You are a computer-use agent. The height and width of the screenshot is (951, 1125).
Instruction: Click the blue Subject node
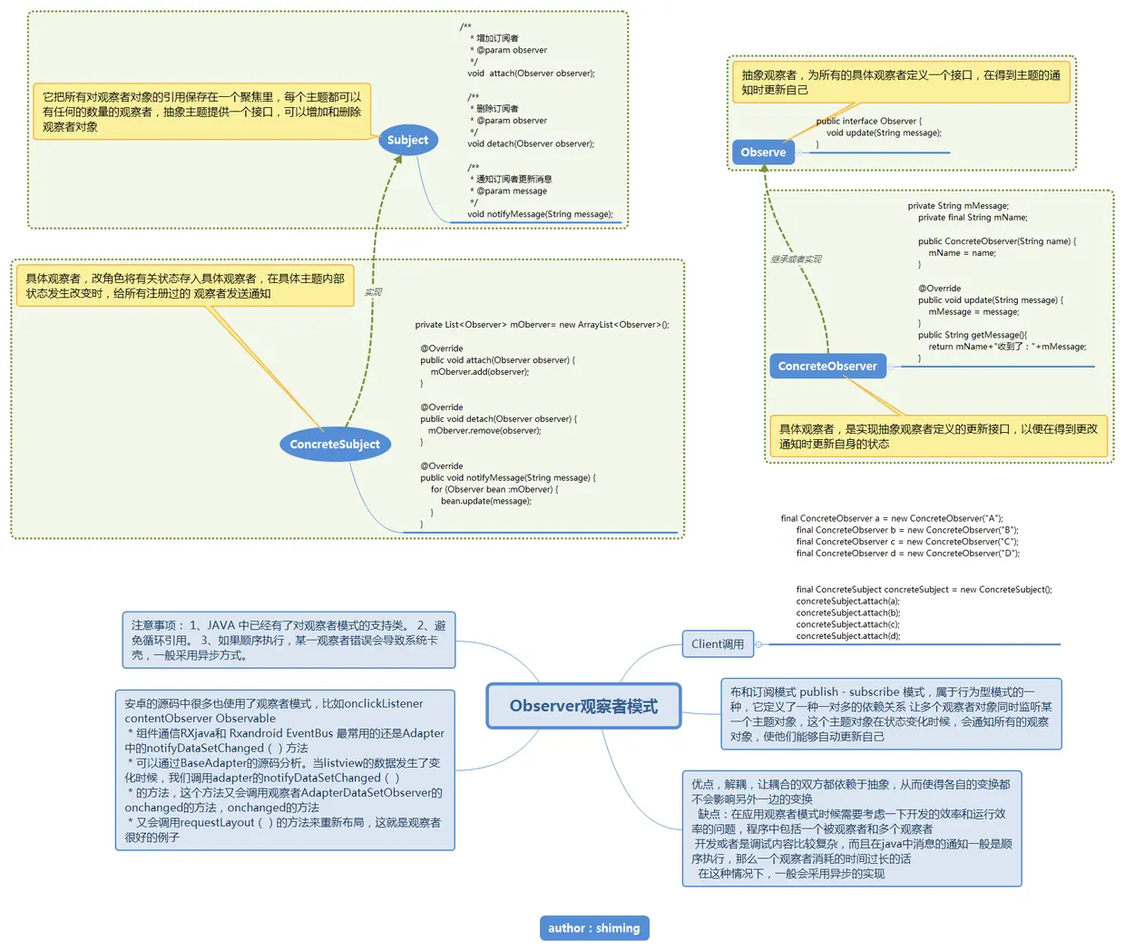coord(407,140)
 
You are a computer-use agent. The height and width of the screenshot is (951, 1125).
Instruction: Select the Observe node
coord(763,152)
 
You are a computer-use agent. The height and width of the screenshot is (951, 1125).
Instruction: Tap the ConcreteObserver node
coord(827,367)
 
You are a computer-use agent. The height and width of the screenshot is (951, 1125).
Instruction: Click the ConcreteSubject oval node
coord(334,445)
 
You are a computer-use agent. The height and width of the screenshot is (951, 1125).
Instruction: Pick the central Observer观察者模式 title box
coord(583,706)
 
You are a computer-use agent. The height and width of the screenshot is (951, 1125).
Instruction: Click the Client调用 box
coord(717,644)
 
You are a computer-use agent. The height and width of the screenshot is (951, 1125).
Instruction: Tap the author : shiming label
coord(594,927)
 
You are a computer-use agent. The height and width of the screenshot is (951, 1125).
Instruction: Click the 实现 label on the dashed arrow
coord(373,292)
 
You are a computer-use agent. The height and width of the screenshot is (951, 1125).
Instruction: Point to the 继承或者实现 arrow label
coord(796,260)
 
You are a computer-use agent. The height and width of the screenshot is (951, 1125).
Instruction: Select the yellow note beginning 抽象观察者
coord(901,83)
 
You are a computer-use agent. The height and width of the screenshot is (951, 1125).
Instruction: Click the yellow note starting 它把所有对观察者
coord(201,112)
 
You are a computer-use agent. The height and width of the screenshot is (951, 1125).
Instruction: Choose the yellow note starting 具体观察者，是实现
coord(938,436)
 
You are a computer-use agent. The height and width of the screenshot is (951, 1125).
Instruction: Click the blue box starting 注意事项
coord(289,640)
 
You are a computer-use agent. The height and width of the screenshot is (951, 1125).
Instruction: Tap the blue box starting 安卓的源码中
coord(285,770)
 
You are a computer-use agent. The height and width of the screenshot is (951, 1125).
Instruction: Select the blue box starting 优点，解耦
coord(852,828)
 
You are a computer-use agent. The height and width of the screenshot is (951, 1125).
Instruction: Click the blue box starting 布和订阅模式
coord(891,714)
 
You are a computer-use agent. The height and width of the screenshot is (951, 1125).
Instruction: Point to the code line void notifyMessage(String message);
coord(540,214)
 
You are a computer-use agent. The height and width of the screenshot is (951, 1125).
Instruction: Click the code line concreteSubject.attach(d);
coord(847,636)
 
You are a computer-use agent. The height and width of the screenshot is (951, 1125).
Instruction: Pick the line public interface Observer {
coord(868,121)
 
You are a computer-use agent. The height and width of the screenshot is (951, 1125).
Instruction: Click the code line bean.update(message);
coord(485,501)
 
